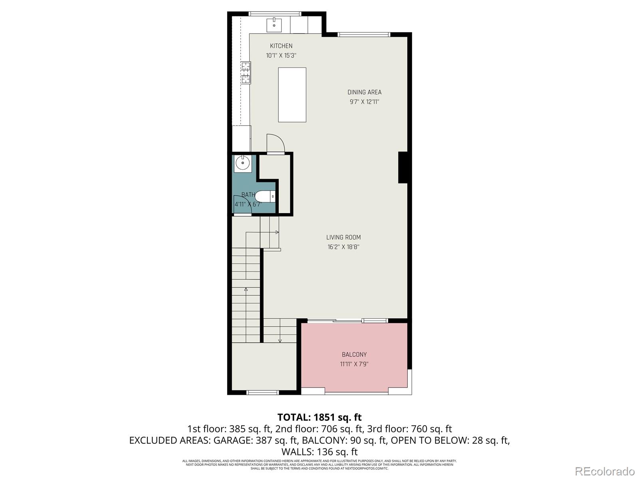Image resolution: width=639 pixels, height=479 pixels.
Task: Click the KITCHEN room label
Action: point(281,46)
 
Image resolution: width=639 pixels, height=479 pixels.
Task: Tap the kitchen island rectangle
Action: point(292,95)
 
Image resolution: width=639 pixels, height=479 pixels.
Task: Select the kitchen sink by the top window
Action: point(274,25)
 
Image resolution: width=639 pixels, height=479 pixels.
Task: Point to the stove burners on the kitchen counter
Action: point(246,73)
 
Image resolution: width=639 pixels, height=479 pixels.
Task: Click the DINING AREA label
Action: point(364,92)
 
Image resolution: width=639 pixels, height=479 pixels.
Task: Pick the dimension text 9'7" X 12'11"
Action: point(364,102)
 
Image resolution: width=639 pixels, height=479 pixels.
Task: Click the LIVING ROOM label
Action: point(343,237)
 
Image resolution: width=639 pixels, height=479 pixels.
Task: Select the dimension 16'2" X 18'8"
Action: point(343,247)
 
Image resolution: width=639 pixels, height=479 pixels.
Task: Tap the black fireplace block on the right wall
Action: point(403,167)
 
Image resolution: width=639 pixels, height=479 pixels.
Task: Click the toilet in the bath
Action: point(265,196)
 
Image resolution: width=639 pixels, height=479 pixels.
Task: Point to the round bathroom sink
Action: point(242,163)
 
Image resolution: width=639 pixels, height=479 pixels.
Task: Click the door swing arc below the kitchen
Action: point(276,143)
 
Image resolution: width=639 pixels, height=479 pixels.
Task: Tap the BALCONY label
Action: point(354,354)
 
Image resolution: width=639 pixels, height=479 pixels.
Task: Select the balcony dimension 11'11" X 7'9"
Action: point(354,364)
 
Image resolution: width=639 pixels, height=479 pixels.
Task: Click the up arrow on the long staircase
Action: point(246,289)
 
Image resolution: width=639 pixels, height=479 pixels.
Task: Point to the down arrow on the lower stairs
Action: point(280,340)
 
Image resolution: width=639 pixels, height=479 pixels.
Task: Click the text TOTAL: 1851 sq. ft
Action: point(319,417)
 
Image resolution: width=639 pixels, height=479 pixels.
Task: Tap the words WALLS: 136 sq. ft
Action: point(319,452)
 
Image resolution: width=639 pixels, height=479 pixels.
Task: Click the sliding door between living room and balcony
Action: point(347,321)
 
